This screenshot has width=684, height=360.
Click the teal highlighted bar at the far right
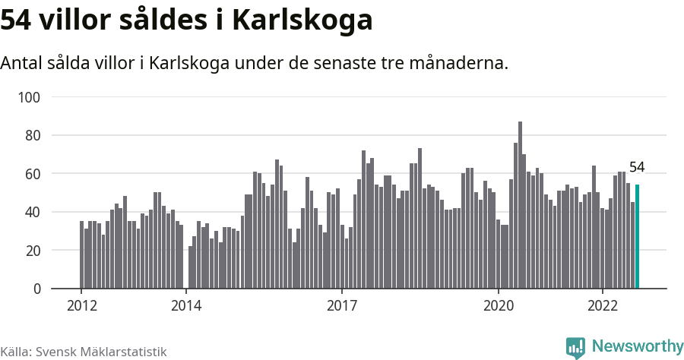[638, 237]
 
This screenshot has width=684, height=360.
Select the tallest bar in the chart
[520, 205]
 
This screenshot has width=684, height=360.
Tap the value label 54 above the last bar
[637, 168]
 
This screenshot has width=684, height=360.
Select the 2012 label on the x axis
[82, 306]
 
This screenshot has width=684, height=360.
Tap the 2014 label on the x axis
[186, 306]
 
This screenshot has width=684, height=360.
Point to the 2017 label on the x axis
[342, 306]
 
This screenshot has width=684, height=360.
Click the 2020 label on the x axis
[499, 306]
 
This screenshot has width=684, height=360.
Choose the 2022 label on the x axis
[603, 306]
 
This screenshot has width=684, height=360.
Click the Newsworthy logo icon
[575, 348]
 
